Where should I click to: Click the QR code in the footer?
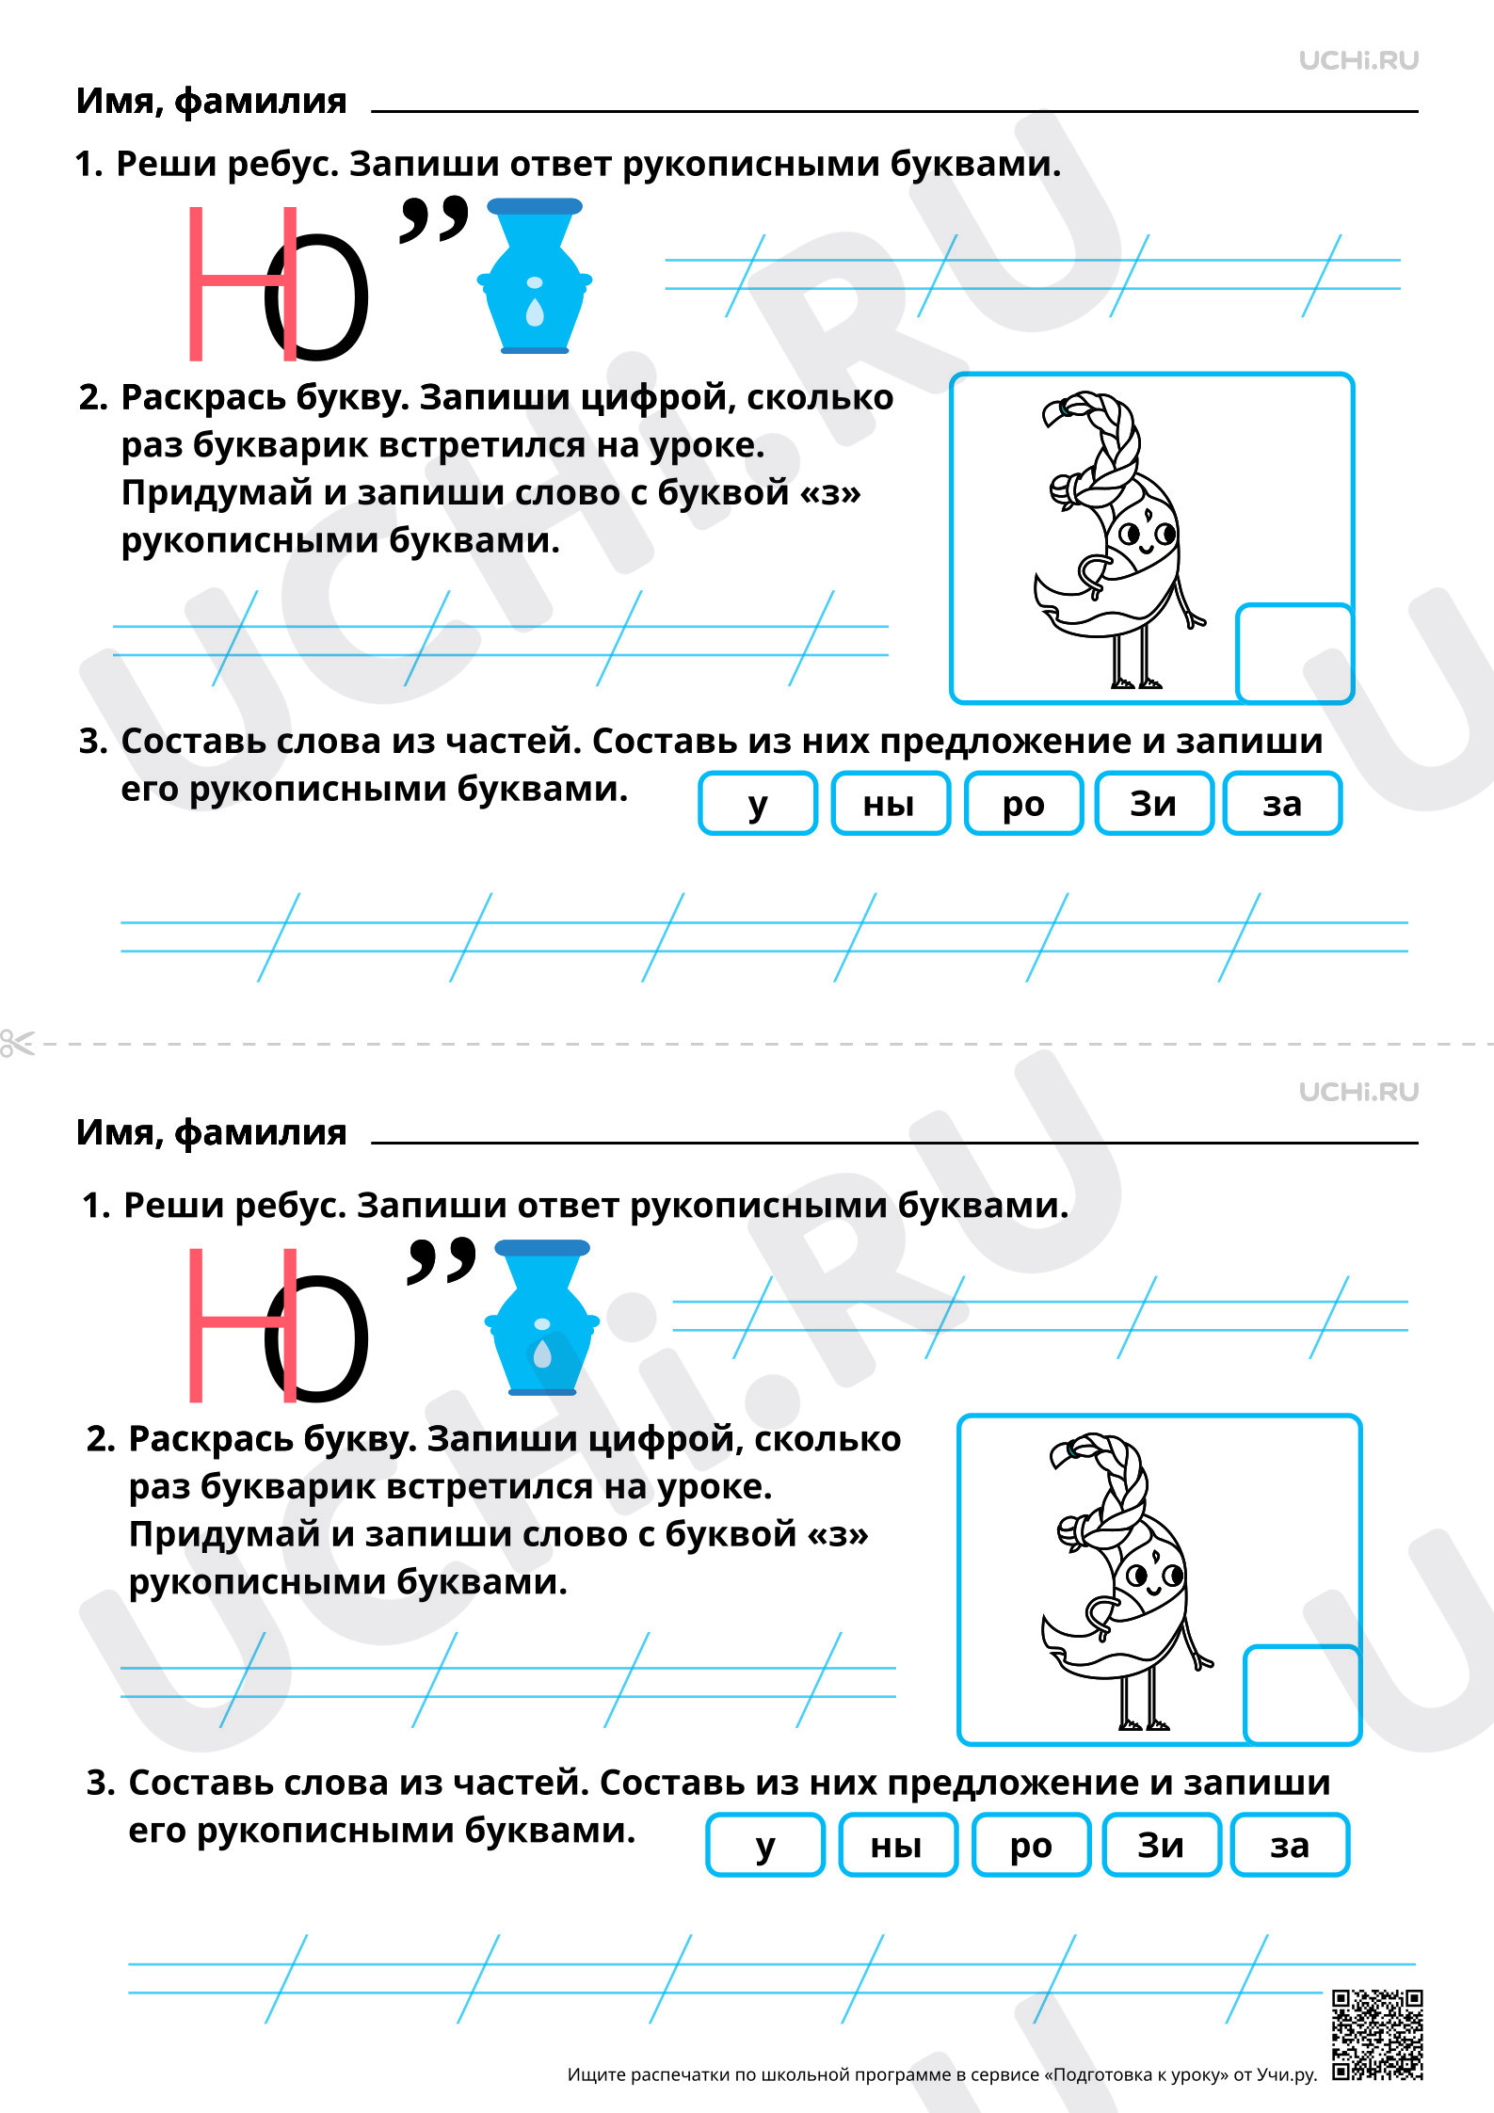[1377, 2033]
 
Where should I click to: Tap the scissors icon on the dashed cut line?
[16, 1043]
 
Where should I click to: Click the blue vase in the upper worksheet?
[535, 276]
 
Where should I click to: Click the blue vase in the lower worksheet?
[542, 1318]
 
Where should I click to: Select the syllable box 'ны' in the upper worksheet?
[891, 803]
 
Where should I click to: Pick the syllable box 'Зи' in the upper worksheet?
[1154, 803]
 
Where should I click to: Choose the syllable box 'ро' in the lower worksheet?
[1031, 1845]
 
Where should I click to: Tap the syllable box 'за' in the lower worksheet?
[1290, 1845]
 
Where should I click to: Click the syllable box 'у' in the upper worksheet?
[758, 803]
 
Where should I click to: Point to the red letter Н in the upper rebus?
[243, 283]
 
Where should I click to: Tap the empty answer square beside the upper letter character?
[1294, 652]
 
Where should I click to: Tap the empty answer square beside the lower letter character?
[1302, 1694]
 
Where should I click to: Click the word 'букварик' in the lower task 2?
[288, 1487]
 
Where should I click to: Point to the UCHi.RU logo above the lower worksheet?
[1358, 1092]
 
